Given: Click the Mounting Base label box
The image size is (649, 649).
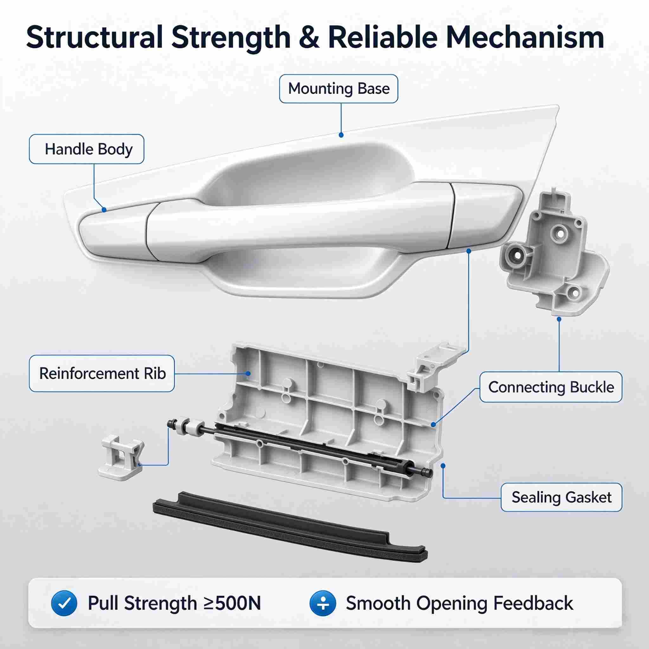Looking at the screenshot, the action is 339,89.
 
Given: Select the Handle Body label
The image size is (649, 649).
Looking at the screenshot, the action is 87,149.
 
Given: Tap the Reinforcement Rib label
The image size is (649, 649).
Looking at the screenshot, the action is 102,374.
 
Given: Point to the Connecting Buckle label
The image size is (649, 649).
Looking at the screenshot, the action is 551,387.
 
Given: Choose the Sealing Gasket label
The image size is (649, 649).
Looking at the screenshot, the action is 561,497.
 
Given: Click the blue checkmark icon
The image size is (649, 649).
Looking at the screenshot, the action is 64,603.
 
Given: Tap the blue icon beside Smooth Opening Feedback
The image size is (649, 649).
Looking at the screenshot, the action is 323,603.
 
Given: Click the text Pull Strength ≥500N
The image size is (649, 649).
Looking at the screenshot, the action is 174,603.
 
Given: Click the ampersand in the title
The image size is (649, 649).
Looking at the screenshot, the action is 309,38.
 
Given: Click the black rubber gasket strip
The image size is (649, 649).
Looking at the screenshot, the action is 290,531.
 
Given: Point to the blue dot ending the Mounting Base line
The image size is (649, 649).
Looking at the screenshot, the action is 341,135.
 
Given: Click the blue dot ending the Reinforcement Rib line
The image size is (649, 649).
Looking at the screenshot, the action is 248,374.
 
